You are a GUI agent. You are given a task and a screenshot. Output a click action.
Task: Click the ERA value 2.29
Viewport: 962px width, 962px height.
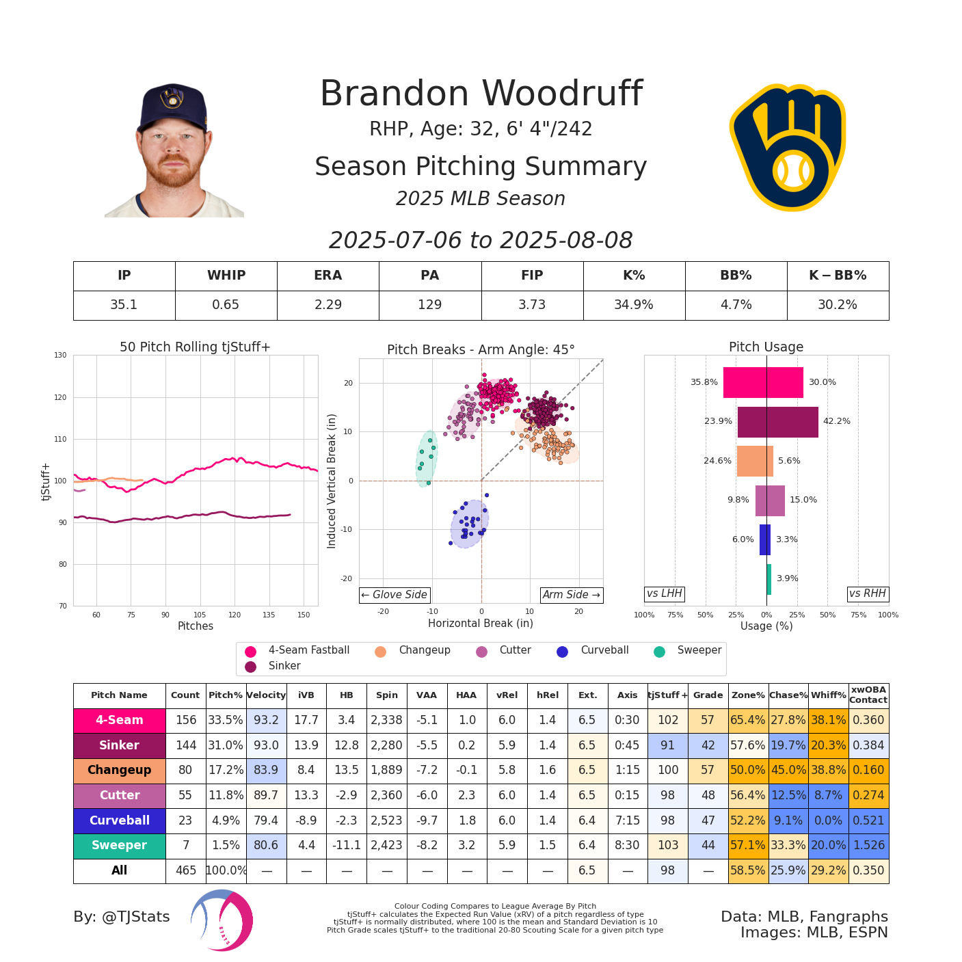coord(328,305)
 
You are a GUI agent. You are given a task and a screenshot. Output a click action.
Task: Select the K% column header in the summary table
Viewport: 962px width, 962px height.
coord(634,276)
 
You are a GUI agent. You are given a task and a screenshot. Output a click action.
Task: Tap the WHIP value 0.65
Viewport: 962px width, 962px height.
coord(226,305)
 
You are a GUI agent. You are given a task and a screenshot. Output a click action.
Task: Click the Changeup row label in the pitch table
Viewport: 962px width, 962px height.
coord(119,771)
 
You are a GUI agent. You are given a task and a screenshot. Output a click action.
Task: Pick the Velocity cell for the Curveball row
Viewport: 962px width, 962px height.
coord(266,820)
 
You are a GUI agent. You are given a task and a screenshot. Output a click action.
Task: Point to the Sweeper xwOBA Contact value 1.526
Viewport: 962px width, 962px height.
coord(868,846)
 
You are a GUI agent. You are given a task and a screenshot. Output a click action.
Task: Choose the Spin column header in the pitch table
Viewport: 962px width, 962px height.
coord(386,695)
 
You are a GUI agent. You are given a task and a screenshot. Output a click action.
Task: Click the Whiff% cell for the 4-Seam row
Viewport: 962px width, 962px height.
coord(828,721)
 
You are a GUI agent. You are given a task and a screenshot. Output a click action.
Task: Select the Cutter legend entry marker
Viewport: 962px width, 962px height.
coord(482,652)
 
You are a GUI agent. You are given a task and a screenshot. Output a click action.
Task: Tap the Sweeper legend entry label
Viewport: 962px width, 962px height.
coord(699,650)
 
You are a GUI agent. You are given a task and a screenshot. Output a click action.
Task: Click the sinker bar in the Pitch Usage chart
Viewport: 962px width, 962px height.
coord(777,422)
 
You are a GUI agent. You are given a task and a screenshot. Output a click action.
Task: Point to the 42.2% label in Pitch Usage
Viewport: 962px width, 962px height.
coord(837,421)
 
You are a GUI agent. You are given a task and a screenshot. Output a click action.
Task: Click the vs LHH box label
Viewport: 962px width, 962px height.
coord(664,593)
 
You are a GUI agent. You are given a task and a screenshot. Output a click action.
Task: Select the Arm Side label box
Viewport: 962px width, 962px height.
coord(571,595)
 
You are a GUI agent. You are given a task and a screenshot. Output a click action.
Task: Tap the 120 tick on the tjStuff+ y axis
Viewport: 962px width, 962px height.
coord(62,397)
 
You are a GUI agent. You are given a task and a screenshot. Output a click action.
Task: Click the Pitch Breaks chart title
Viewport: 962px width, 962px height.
coord(481,349)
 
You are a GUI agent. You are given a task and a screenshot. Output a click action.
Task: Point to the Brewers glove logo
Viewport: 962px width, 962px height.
coord(788,146)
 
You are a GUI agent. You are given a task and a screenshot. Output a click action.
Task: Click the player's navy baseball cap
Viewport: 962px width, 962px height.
coord(172,105)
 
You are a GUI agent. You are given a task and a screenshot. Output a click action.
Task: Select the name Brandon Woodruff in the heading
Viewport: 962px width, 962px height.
coord(481,94)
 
